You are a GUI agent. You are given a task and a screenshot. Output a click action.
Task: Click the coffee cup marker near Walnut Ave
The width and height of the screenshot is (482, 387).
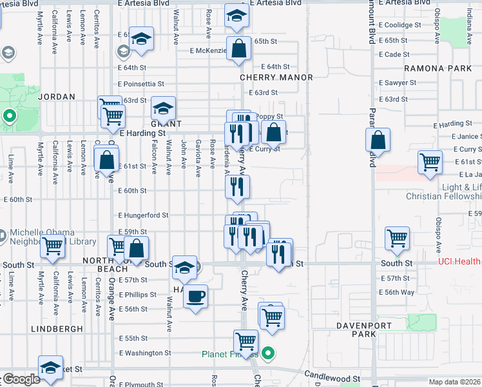196,297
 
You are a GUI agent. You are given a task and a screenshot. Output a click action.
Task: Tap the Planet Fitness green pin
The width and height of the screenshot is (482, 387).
270,353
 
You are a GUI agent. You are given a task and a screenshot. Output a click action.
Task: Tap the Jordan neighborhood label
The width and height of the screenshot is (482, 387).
57,97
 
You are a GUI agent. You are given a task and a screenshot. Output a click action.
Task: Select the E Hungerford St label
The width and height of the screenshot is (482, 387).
142,215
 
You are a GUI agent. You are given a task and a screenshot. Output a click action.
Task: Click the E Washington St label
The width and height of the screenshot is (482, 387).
145,353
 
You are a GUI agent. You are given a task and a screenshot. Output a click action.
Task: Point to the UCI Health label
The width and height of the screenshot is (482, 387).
459,262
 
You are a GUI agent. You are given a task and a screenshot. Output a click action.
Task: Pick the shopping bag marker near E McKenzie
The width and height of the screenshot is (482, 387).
238,48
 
